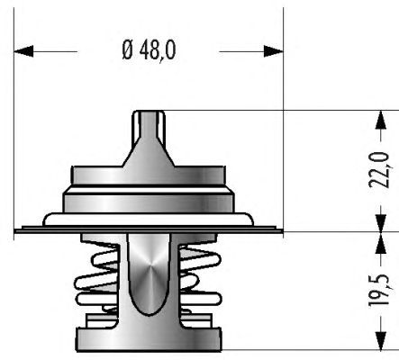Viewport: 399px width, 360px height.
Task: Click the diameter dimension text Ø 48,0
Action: coord(149,50)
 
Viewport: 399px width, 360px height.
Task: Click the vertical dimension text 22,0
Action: coord(379,170)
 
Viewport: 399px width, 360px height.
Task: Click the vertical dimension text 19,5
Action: coord(379,290)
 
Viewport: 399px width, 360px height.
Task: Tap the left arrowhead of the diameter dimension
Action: coord(23,51)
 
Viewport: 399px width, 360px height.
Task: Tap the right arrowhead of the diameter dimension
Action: coord(274,51)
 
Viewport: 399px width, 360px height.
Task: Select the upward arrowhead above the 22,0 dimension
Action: coord(381,120)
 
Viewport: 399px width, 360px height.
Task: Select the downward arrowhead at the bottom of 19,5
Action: coord(381,340)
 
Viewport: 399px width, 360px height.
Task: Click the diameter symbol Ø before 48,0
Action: coord(127,50)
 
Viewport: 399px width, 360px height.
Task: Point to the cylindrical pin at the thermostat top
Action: coord(149,123)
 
